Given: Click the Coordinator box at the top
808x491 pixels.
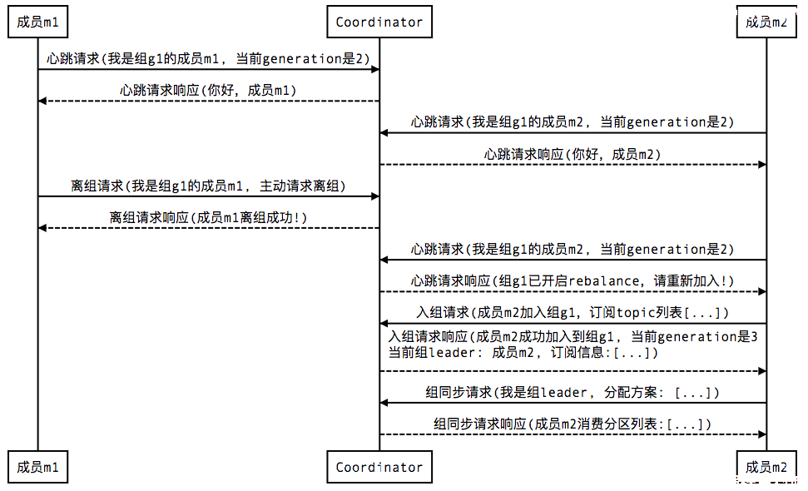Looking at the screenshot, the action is (379, 22).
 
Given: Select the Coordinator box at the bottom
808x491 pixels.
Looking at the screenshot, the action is (379, 467).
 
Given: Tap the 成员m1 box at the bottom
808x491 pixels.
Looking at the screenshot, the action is (37, 467).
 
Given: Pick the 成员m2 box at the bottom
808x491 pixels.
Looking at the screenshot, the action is (766, 467).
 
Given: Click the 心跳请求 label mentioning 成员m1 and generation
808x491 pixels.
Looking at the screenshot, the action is (208, 59).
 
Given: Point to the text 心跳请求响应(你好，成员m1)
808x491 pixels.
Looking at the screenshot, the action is (208, 91).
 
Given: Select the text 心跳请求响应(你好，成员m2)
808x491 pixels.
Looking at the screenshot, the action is (572, 154).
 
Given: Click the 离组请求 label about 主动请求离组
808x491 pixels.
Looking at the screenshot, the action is (208, 186).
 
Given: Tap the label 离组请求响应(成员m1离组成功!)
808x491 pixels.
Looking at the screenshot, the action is (208, 217).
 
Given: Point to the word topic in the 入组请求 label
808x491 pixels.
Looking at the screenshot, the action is (637, 313).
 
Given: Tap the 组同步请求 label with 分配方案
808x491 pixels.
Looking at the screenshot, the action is (572, 393).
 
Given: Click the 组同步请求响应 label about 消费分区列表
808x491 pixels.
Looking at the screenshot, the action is (572, 424).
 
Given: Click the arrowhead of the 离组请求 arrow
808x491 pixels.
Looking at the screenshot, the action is (375, 196).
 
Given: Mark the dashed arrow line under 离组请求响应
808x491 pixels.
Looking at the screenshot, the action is (209, 228).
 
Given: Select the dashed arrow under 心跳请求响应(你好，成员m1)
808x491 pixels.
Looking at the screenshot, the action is (209, 101).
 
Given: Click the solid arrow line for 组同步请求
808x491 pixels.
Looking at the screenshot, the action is (573, 403).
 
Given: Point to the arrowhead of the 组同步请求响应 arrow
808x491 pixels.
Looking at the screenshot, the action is (762, 434).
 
